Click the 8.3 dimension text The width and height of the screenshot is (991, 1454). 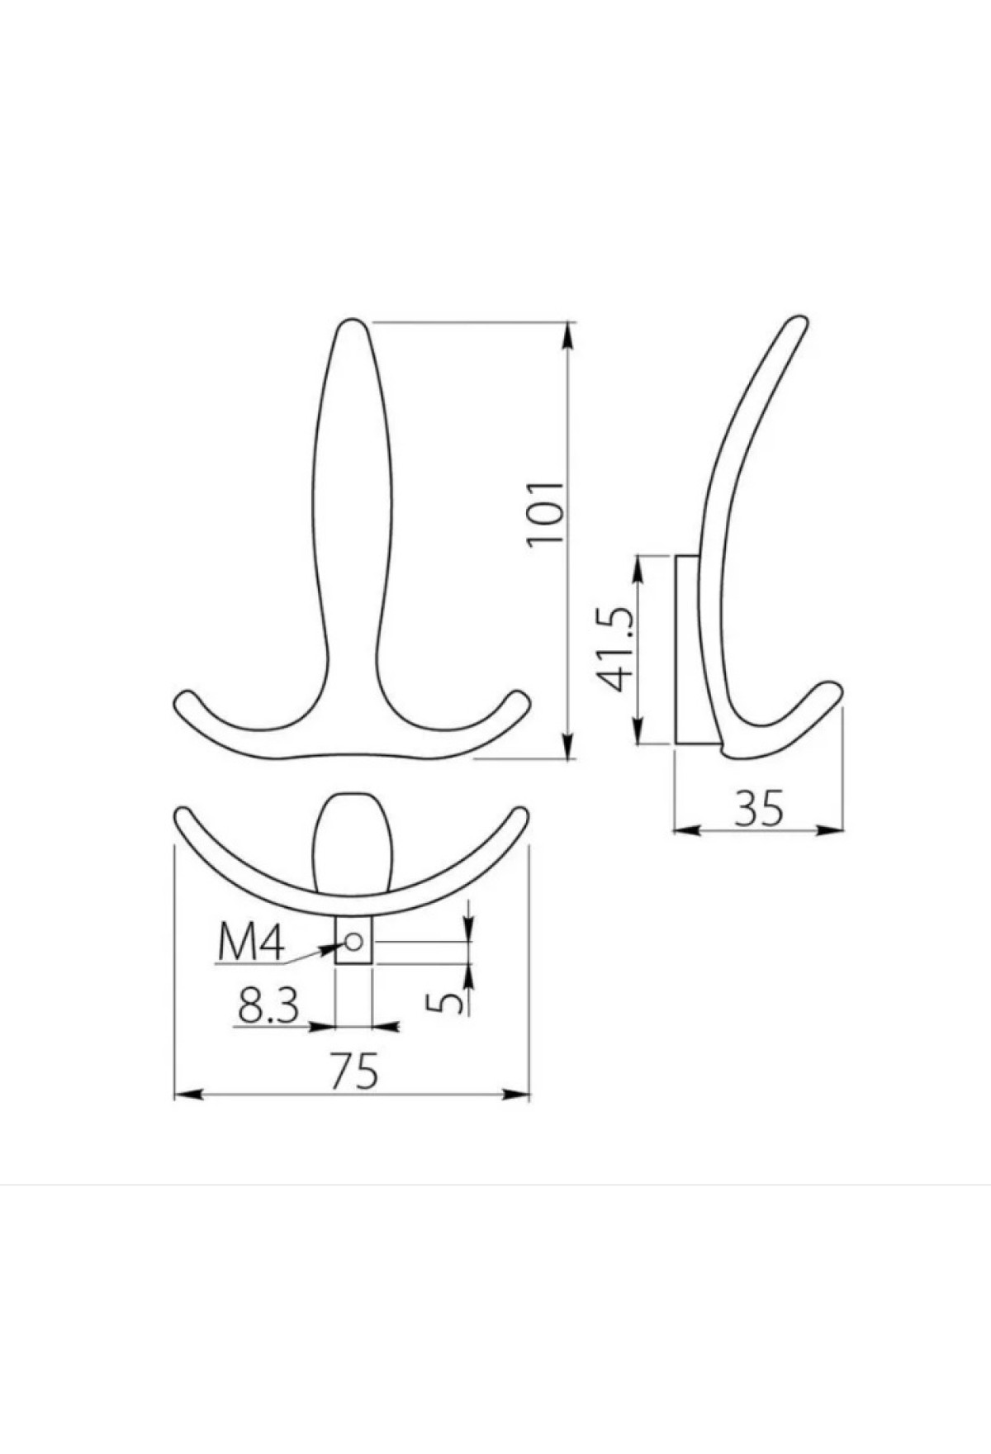coord(268,1005)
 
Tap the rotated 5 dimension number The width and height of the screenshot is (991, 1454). coord(447,1002)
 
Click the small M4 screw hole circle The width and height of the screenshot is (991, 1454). coord(355,942)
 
